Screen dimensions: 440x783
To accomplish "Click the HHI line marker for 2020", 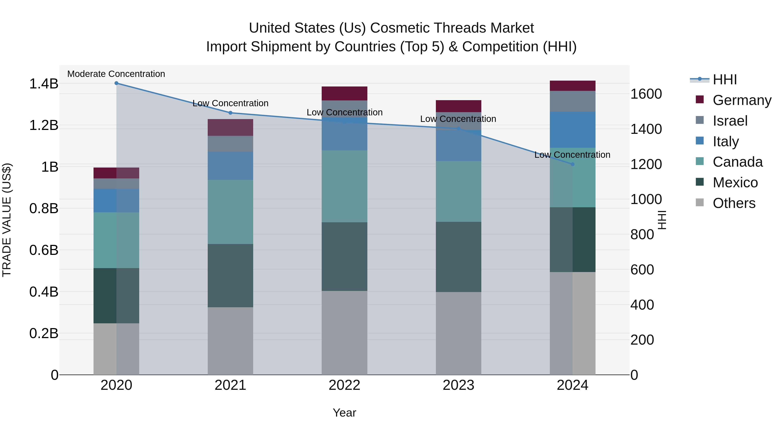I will pos(116,83).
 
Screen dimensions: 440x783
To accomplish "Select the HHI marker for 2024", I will pos(573,164).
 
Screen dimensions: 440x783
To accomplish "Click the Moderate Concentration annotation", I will pos(116,74).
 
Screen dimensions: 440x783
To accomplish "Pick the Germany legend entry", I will pos(742,100).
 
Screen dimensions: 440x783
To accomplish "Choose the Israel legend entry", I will pos(730,121).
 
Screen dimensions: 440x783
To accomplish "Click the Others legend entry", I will pos(734,203).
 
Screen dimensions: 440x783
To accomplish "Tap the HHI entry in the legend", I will pos(725,80).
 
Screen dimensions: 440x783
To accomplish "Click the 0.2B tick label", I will pos(44,333).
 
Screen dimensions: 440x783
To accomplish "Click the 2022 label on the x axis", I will pos(344,385).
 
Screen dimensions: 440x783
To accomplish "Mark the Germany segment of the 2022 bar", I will pos(344,93).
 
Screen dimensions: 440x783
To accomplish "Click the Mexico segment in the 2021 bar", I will pos(230,276).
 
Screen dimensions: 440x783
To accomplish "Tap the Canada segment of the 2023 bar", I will pos(458,191).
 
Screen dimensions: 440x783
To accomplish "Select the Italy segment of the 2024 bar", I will pos(573,130).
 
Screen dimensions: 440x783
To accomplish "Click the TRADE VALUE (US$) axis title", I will pos(7,220).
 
